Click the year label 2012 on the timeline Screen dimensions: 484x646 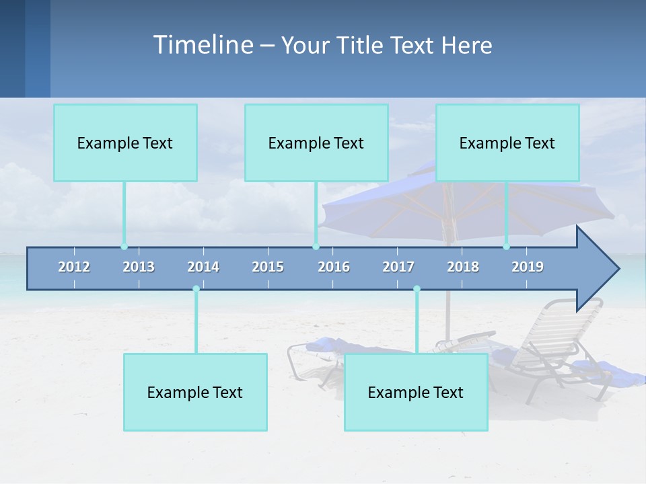74,267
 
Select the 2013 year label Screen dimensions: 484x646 139,267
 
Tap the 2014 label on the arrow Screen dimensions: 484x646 203,267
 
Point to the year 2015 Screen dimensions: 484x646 268,267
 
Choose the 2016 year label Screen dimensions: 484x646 334,267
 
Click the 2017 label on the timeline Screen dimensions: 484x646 398,267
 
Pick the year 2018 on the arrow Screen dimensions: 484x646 463,267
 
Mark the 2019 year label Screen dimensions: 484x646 528,267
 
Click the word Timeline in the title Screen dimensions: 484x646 203,45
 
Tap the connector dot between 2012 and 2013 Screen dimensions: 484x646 124,247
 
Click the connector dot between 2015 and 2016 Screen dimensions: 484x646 316,247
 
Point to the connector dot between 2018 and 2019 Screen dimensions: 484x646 507,247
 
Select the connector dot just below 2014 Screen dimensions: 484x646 196,289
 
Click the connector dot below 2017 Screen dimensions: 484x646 417,289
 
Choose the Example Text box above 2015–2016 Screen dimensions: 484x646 316,143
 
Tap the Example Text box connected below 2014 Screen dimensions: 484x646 195,392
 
